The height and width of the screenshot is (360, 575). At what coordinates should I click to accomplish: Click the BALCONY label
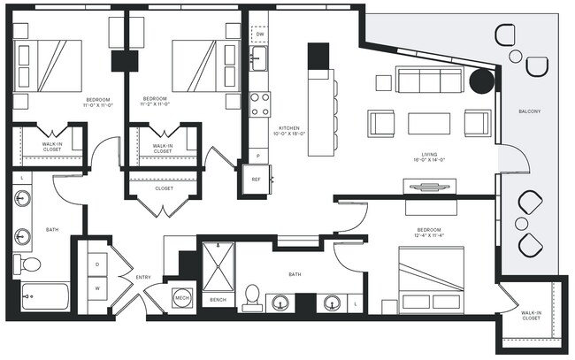[x=529, y=111]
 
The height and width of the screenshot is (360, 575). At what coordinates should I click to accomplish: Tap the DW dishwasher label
[x=260, y=34]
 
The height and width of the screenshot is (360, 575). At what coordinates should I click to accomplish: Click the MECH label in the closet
[x=183, y=298]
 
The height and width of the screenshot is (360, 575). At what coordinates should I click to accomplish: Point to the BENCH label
[x=218, y=300]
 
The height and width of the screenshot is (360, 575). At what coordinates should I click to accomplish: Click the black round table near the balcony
[x=481, y=82]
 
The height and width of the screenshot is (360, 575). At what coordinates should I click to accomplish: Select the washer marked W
[x=96, y=288]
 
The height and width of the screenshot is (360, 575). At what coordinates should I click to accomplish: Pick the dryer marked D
[x=96, y=264]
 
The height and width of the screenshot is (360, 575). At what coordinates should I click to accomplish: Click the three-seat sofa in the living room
[x=428, y=81]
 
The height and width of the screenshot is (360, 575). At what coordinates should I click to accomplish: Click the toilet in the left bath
[x=29, y=264]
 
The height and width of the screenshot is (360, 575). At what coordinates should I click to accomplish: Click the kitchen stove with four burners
[x=259, y=104]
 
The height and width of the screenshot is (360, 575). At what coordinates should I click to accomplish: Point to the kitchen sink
[x=257, y=60]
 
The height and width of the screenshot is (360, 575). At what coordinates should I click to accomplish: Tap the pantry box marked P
[x=257, y=156]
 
